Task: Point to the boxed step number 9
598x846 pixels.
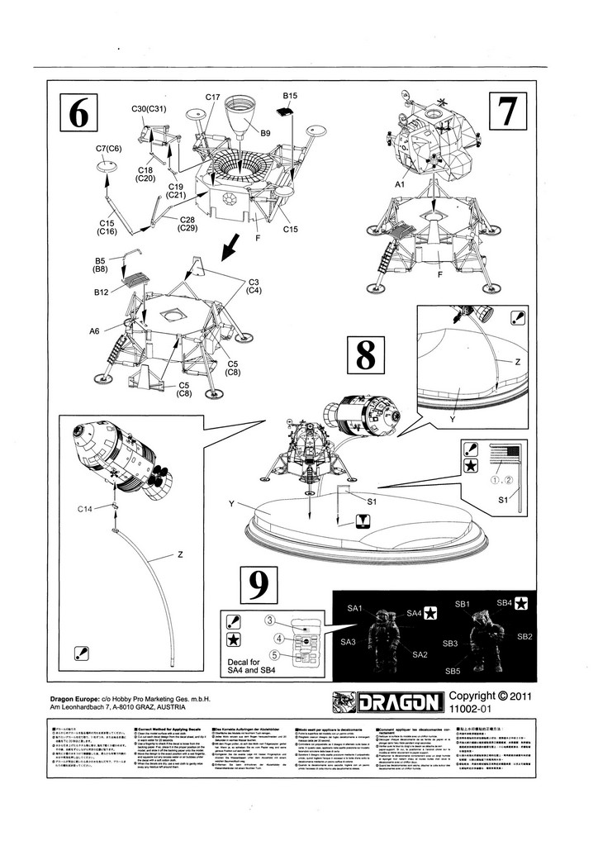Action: [x=259, y=586]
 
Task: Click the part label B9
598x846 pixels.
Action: [x=266, y=132]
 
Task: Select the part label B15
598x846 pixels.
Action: [x=290, y=96]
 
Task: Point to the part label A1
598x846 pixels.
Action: [x=400, y=186]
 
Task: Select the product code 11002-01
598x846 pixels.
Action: [x=472, y=709]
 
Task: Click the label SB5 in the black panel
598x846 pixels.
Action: [x=452, y=671]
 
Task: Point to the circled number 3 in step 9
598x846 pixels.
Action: [x=269, y=620]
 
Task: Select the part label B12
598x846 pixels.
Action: [x=102, y=292]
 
